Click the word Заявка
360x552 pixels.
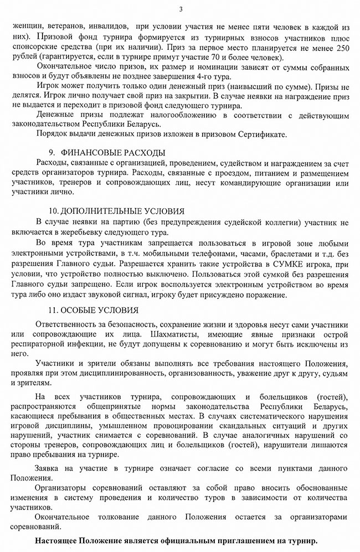coord(48,468)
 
